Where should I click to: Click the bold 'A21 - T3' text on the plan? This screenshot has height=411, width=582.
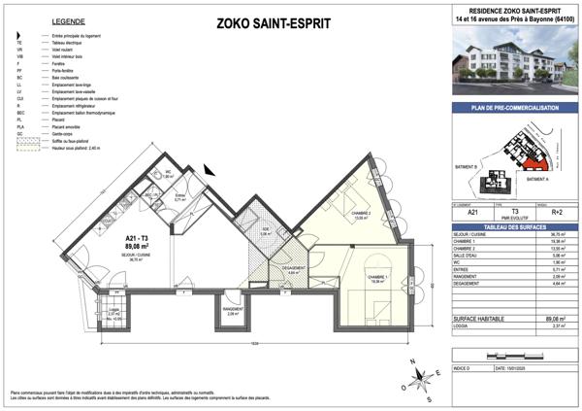136,238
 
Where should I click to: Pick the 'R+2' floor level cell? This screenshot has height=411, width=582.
543,211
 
